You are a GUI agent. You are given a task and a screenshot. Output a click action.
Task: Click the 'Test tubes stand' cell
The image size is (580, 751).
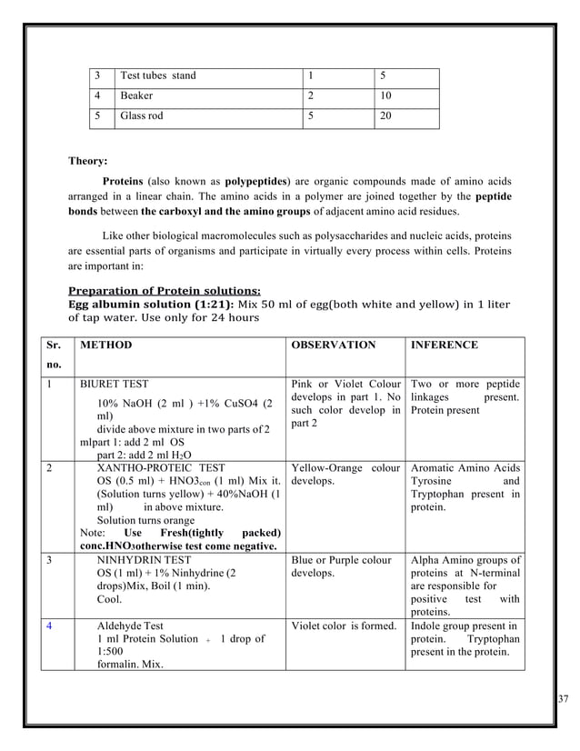[158, 75]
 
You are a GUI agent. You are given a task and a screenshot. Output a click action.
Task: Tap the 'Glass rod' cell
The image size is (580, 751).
[143, 116]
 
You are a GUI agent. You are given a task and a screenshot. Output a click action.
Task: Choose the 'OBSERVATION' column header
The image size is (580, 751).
[333, 345]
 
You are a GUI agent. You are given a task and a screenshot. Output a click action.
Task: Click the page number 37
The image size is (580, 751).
[565, 698]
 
